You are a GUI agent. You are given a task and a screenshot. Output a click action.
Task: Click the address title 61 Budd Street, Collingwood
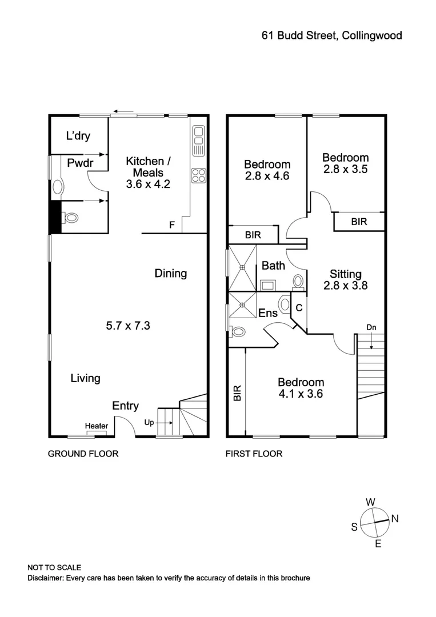[x=331, y=35]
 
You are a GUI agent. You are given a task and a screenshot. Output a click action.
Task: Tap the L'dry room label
[x=78, y=136]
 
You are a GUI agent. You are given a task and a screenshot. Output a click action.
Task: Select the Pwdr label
[x=79, y=163]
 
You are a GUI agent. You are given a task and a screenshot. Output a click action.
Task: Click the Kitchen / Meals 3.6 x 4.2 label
[x=148, y=173]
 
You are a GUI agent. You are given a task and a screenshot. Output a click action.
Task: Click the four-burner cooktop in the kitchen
[x=198, y=175]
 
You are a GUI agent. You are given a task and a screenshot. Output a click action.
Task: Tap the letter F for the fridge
[x=171, y=225]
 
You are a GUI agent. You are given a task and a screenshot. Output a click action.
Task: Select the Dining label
[x=171, y=273]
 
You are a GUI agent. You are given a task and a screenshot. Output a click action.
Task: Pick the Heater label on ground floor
[x=97, y=426]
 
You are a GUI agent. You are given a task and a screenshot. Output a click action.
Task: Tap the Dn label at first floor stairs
[x=371, y=328]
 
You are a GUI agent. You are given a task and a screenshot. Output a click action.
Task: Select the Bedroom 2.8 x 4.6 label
[x=267, y=170]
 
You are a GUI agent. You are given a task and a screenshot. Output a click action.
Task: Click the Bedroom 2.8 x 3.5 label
[x=345, y=163]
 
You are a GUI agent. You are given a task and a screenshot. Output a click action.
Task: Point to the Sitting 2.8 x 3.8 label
[x=345, y=279]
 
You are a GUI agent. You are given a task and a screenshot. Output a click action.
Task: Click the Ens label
[x=268, y=313]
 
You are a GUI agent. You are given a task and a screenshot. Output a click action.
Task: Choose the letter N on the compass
[x=394, y=519]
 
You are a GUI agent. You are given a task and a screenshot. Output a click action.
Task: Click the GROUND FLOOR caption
[x=83, y=454]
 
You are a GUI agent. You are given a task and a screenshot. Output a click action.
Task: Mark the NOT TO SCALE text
[x=54, y=567]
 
